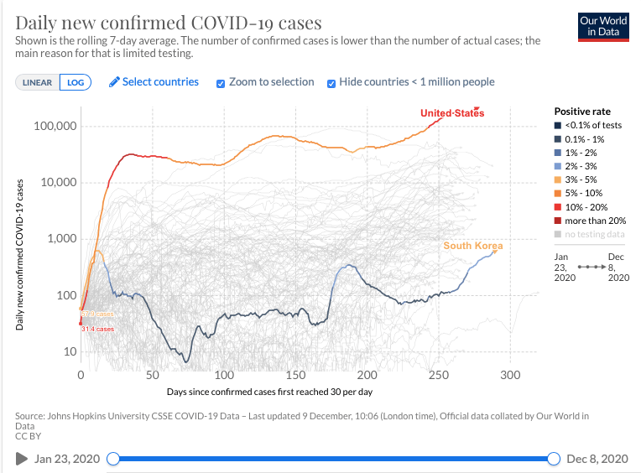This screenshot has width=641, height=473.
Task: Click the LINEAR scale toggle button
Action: (37, 82)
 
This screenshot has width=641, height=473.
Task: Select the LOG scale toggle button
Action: (76, 82)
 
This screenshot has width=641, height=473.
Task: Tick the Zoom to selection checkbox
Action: (221, 83)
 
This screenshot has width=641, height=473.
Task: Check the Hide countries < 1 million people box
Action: (331, 83)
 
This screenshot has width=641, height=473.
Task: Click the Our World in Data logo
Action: (603, 26)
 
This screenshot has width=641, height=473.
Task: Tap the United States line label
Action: (451, 113)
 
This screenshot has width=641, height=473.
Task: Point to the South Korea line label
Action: (473, 246)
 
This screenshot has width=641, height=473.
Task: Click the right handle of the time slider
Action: (553, 458)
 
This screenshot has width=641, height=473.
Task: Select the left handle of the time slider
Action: (113, 458)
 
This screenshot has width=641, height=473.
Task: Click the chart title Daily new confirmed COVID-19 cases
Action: (168, 22)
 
